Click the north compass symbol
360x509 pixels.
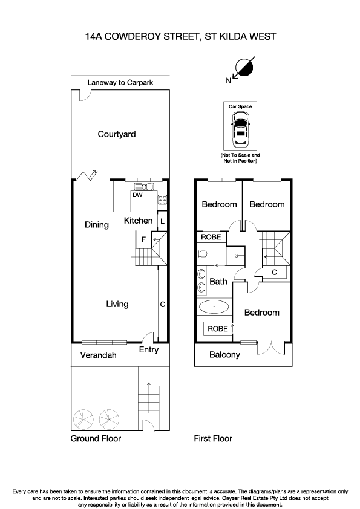pyautogui.click(x=243, y=68)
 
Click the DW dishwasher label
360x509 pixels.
pyautogui.click(x=137, y=195)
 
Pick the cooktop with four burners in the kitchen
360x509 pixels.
pyautogui.click(x=162, y=200)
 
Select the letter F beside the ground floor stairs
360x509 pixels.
pyautogui.click(x=143, y=239)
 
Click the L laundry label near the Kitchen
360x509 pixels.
pyautogui.click(x=162, y=221)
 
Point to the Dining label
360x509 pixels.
pyautogui.click(x=96, y=225)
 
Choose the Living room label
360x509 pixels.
pyautogui.click(x=117, y=304)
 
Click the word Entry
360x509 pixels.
pyautogui.click(x=148, y=349)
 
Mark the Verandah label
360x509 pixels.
pyautogui.click(x=98, y=355)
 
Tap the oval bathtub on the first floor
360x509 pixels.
pyautogui.click(x=213, y=307)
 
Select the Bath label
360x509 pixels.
pyautogui.click(x=218, y=281)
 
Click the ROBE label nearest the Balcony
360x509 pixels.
pyautogui.click(x=217, y=329)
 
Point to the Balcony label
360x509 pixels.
pyautogui.click(x=224, y=355)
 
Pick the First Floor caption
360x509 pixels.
pyautogui.click(x=212, y=439)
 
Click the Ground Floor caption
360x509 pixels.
pyautogui.click(x=96, y=439)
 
